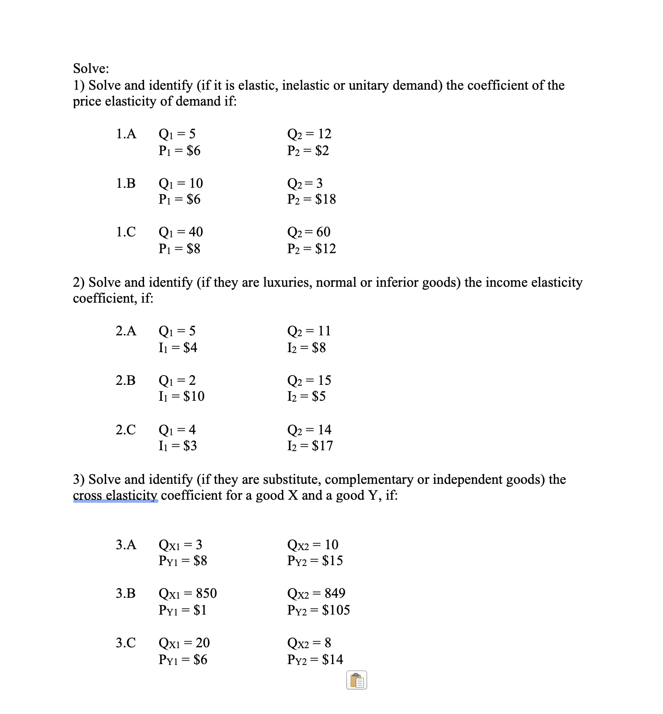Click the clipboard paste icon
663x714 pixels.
tap(357, 680)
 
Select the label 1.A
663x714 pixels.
tap(126, 134)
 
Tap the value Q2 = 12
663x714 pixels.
tap(309, 134)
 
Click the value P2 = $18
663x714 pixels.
tap(311, 199)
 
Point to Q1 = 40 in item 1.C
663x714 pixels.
tap(180, 232)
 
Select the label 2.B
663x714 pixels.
tap(126, 380)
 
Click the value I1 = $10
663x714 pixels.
tap(181, 396)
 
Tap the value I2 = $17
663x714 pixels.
tap(310, 446)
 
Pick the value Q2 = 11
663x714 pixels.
tap(309, 331)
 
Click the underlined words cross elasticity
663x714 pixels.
tap(115, 495)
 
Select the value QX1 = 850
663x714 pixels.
tap(187, 593)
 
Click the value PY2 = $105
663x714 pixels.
tap(318, 610)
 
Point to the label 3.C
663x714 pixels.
tap(126, 643)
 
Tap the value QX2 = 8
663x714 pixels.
tap(309, 643)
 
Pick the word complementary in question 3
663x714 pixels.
tap(369, 479)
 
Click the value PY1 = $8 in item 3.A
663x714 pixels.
tap(183, 561)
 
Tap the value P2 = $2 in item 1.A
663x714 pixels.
tap(308, 151)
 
